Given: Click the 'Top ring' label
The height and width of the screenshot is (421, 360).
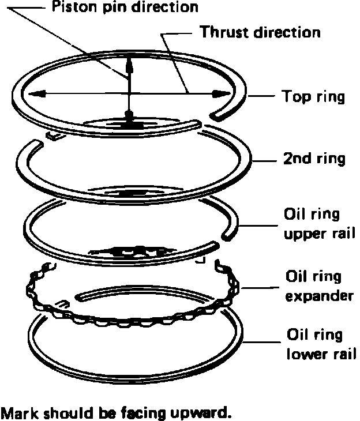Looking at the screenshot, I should click(313, 96).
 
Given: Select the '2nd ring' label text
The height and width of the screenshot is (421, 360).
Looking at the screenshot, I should click(314, 159).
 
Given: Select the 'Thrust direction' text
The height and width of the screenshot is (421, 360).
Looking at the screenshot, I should click(260, 32).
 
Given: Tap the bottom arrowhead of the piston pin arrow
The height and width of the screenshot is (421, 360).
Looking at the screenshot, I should click(130, 115).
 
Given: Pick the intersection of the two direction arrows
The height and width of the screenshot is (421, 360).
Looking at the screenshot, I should click(130, 95).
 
